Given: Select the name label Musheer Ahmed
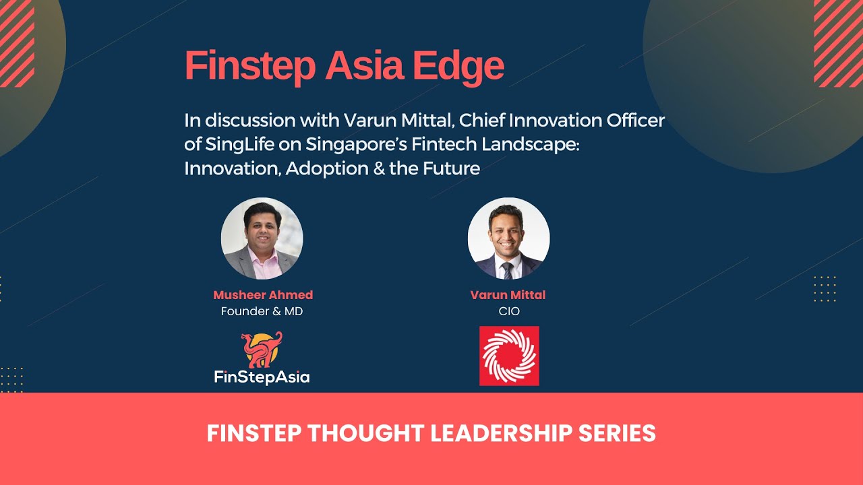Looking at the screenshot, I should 263,295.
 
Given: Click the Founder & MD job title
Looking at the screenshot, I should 262,311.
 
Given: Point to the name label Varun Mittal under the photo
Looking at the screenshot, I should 508,295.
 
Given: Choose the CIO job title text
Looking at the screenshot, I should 508,311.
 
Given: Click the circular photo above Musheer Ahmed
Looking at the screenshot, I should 262,238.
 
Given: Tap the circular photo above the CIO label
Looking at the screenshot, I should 508,238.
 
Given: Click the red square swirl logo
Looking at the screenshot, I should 509,356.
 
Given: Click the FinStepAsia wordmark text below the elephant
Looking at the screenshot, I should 262,377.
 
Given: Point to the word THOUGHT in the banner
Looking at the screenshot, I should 365,433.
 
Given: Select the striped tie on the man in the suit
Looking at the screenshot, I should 508,270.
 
